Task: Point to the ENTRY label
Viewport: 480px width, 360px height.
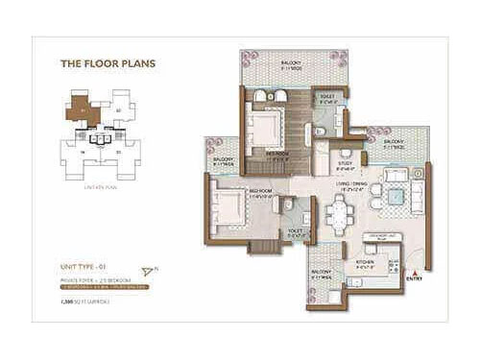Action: (414, 279)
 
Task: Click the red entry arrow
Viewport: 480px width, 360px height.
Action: (414, 272)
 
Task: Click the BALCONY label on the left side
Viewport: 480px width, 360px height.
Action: (223, 161)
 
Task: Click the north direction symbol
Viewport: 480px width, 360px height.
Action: (146, 271)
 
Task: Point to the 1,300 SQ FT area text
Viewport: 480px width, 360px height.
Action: (84, 301)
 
